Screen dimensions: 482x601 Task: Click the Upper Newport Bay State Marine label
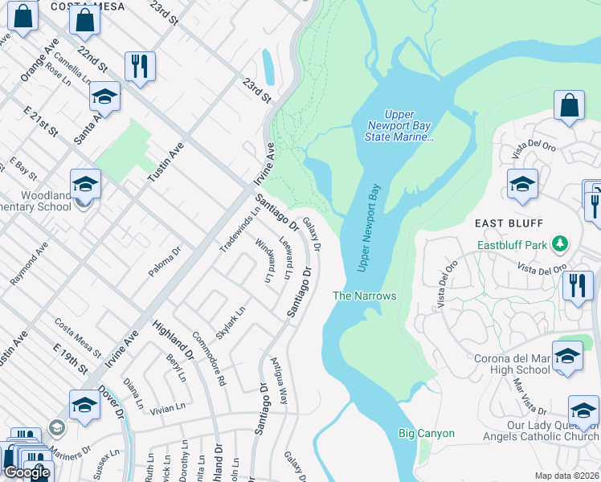click(x=399, y=126)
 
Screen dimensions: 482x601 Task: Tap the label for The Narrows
click(x=365, y=296)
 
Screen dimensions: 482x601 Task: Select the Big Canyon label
click(x=427, y=433)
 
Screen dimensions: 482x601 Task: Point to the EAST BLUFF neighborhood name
click(x=509, y=223)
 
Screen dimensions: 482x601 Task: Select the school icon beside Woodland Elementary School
click(x=85, y=186)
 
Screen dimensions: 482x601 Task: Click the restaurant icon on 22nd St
click(x=141, y=68)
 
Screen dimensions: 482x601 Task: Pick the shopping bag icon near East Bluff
click(x=569, y=108)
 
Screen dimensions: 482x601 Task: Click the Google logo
click(x=27, y=472)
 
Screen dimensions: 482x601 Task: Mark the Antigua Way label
click(x=280, y=381)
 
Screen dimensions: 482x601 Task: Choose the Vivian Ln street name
click(x=167, y=408)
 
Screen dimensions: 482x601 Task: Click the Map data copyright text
click(x=566, y=476)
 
